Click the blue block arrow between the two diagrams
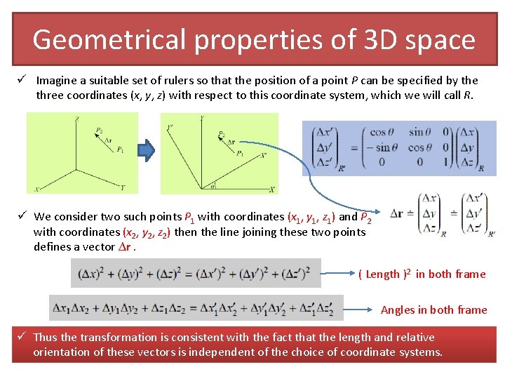146,149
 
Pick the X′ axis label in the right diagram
263,156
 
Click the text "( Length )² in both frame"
422,274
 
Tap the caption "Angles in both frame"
433,310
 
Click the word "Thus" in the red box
45,337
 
